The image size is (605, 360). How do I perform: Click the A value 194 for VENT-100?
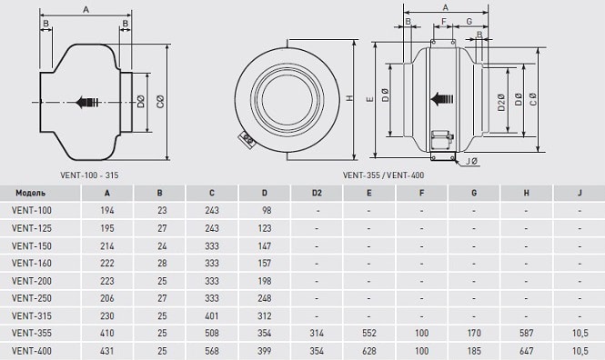click(106, 210)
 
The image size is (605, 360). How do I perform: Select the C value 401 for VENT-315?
click(212, 316)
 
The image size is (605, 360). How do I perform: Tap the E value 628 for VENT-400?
click(369, 351)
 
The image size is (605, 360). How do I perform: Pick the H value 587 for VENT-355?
click(527, 333)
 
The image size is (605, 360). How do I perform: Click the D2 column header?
click(317, 193)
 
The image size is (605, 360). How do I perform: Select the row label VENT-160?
click(31, 264)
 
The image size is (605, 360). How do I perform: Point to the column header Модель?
click(31, 193)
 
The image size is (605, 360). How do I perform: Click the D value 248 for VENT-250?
click(265, 298)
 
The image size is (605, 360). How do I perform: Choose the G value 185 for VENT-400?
click(474, 351)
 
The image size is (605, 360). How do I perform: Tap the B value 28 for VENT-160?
click(162, 264)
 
